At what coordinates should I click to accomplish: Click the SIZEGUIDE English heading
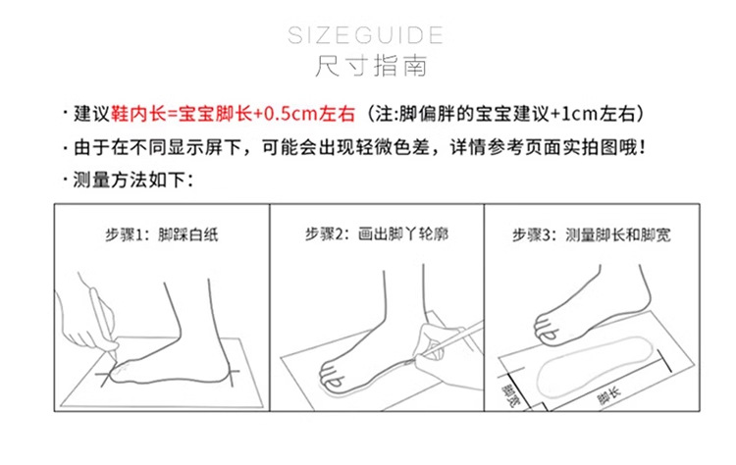(x=365, y=35)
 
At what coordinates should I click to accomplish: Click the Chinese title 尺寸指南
(x=371, y=66)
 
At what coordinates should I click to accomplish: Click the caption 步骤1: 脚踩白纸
(x=162, y=234)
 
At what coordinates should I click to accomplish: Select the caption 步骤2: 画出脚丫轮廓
(x=377, y=233)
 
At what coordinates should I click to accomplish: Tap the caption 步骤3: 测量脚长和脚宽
(x=592, y=234)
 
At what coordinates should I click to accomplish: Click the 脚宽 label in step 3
(x=510, y=395)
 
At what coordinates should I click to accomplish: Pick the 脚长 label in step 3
(x=608, y=395)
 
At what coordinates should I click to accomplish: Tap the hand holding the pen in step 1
(x=86, y=319)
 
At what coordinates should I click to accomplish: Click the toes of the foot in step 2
(x=331, y=376)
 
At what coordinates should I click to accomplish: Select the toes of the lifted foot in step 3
(x=546, y=327)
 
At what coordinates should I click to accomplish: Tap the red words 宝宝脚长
(x=216, y=114)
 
